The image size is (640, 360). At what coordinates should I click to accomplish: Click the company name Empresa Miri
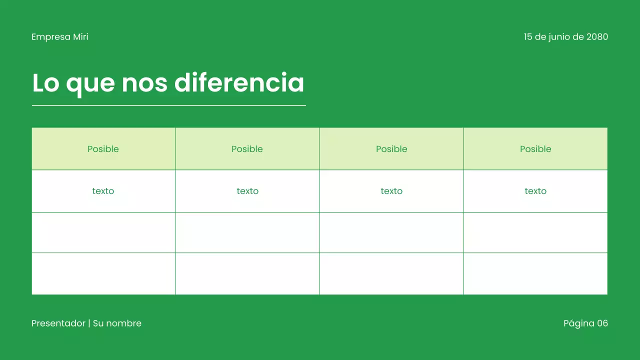click(59, 37)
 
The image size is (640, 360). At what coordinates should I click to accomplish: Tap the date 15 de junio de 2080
click(565, 37)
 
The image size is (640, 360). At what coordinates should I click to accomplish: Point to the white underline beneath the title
click(168, 105)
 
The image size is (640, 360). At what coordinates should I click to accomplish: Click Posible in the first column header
click(103, 149)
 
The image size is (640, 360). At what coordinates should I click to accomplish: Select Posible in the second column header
click(247, 149)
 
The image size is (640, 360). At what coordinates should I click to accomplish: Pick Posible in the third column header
click(391, 149)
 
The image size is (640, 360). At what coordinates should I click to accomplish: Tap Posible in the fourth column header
click(535, 149)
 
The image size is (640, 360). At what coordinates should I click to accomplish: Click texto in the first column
click(103, 191)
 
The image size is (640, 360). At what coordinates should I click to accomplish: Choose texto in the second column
click(247, 191)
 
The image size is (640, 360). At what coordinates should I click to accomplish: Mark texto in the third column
click(391, 191)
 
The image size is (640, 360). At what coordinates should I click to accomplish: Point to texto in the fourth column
click(535, 191)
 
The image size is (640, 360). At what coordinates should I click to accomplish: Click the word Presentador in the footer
click(58, 323)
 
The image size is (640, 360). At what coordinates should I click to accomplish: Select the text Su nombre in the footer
click(117, 323)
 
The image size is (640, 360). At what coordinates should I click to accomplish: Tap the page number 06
click(602, 323)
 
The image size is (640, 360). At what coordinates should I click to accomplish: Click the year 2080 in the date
click(597, 37)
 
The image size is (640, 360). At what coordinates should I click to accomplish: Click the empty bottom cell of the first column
click(103, 273)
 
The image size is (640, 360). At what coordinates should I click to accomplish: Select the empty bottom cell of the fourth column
click(535, 273)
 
